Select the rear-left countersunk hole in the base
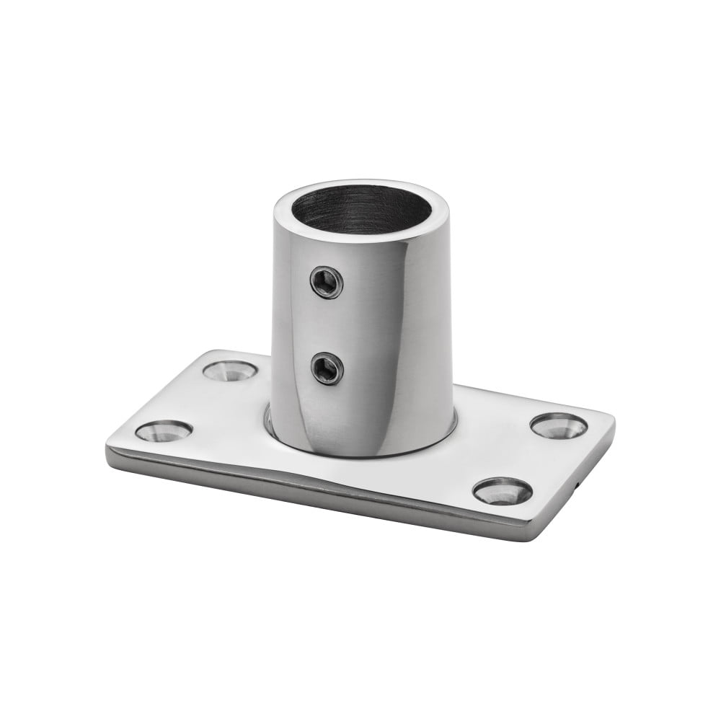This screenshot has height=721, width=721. tap(230, 371)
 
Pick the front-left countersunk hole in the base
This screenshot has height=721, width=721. tap(164, 430)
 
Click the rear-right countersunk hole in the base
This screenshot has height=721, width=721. tap(559, 426)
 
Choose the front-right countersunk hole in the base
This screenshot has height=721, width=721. tap(503, 491)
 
